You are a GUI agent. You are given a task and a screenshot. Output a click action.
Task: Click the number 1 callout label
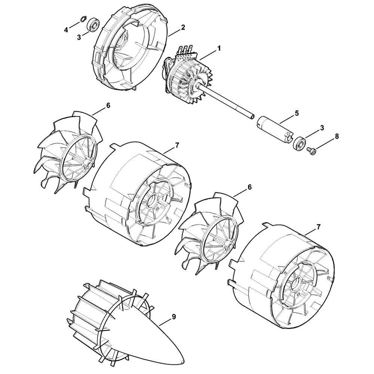pyautogui.click(x=220, y=48)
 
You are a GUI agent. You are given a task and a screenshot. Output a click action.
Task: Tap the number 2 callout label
pyautogui.click(x=183, y=27)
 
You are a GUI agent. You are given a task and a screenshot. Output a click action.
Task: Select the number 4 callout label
pyautogui.click(x=67, y=29)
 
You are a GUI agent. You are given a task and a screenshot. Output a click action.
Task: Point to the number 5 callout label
pyautogui.click(x=297, y=113)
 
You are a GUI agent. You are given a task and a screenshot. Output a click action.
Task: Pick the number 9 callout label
pyautogui.click(x=174, y=317)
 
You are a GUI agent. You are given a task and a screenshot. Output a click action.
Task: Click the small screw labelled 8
pyautogui.click(x=310, y=150)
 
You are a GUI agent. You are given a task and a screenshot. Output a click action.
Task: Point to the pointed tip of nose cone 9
pyautogui.click(x=183, y=362)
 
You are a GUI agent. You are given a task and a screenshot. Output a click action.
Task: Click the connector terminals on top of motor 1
pyautogui.click(x=187, y=50)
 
